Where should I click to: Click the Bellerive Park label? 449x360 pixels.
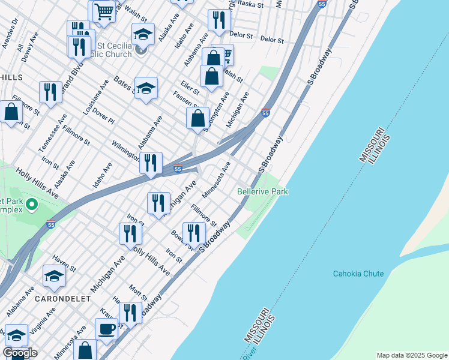pyautogui.click(x=262, y=191)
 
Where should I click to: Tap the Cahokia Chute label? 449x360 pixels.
pyautogui.click(x=358, y=274)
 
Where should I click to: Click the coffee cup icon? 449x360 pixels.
pyautogui.click(x=106, y=329)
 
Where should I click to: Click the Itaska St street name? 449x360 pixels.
pyautogui.click(x=250, y=4)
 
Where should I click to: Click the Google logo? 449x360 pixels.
pyautogui.click(x=20, y=353)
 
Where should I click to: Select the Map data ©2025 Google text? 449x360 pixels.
pyautogui.click(x=411, y=355)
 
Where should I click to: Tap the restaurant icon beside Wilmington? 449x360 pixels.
pyautogui.click(x=151, y=162)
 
